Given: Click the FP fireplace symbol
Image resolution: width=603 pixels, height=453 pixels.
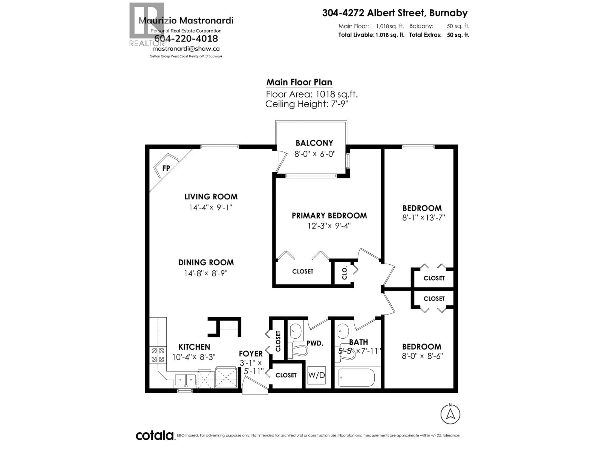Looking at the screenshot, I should (x=166, y=168).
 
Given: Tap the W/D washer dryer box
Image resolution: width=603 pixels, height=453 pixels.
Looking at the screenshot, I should (x=316, y=375).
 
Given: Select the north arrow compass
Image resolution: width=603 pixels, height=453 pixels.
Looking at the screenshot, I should (x=450, y=414).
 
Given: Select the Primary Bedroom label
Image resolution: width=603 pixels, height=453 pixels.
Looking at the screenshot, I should (x=329, y=216).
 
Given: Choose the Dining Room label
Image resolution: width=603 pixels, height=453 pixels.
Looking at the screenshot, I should (x=206, y=262).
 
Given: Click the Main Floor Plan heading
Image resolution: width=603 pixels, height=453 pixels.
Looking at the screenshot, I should (x=299, y=82).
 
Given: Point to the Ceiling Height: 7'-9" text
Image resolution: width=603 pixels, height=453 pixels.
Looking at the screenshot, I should (x=307, y=104).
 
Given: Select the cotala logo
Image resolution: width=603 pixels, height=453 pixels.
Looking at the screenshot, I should (x=155, y=436).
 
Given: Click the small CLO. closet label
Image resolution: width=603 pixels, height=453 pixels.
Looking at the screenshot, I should (x=344, y=273).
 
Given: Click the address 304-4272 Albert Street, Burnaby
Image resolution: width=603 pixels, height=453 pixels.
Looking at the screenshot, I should (x=395, y=13).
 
